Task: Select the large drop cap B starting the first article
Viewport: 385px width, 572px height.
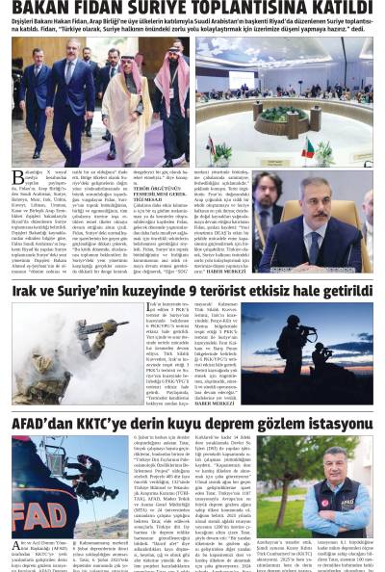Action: [x=16, y=179]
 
